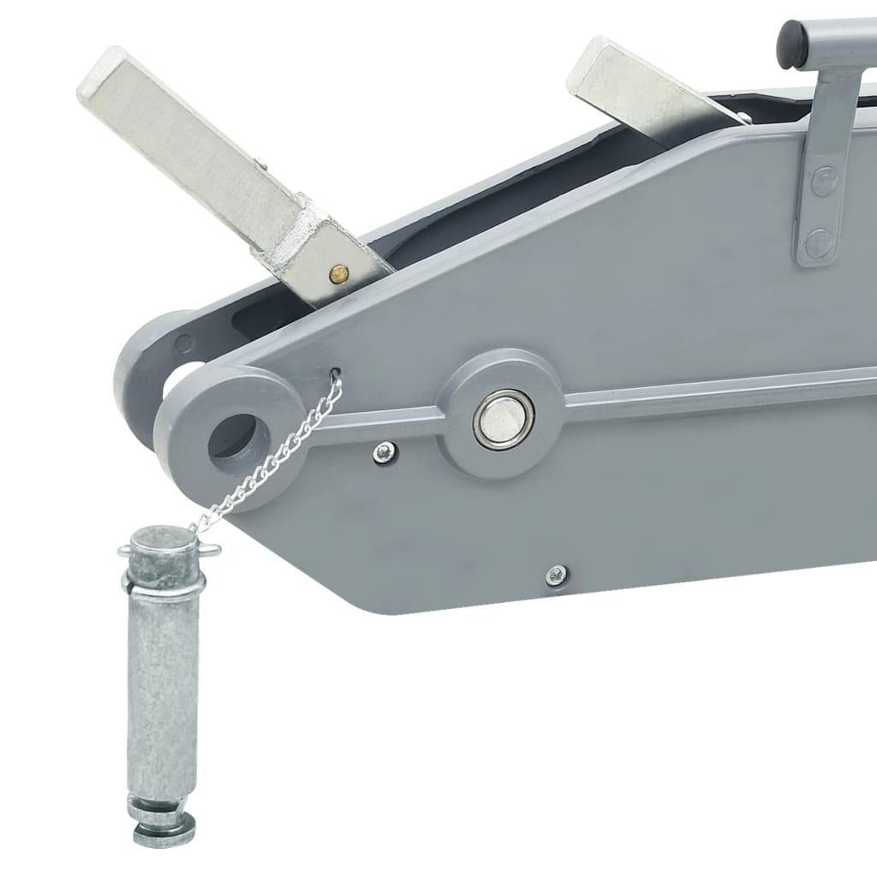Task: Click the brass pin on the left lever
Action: [x=339, y=273]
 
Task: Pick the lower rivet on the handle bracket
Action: [x=820, y=243]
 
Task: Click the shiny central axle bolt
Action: [x=504, y=419]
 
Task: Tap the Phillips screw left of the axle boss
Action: [x=385, y=451]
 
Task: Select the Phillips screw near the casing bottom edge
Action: [x=557, y=576]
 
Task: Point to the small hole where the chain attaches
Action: [x=335, y=373]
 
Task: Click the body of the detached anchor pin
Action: [x=163, y=685]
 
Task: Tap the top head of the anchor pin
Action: [x=163, y=541]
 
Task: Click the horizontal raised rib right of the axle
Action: [x=719, y=394]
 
